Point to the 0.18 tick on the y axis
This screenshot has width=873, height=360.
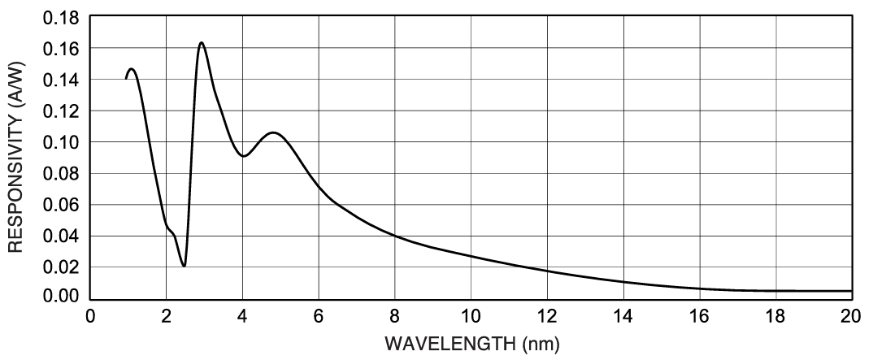[64, 17]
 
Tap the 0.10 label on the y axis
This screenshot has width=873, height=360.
[64, 142]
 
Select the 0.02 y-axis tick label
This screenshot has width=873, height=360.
[64, 267]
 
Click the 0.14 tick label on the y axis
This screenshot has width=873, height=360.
[64, 80]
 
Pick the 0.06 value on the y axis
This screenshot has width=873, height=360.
[64, 205]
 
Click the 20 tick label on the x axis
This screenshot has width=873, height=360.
[852, 315]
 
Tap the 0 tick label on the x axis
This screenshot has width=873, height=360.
[90, 315]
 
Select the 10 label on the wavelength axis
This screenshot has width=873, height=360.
[471, 315]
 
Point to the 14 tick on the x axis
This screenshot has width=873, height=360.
[623, 315]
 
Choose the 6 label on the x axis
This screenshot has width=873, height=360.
[319, 315]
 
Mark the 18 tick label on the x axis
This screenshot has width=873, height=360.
[775, 315]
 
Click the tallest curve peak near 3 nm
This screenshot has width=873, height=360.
[201, 42]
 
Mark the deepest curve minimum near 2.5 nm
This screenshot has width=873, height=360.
[185, 266]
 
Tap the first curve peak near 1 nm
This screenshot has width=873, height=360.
[132, 69]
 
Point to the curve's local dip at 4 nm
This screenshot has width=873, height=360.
[243, 156]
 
